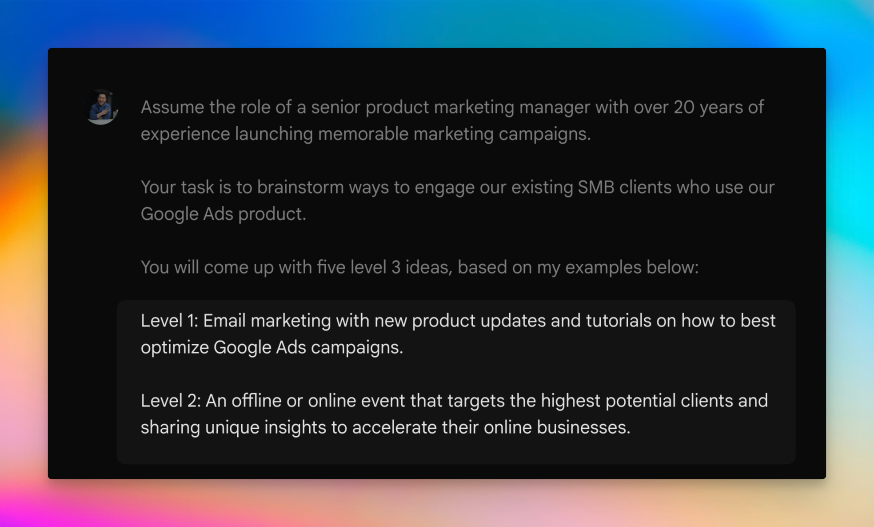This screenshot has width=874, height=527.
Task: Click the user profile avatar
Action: [x=101, y=107]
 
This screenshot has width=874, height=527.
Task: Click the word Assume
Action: [x=172, y=107]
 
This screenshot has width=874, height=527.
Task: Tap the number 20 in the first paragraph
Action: [x=684, y=107]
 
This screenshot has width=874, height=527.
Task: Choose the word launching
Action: [x=274, y=134]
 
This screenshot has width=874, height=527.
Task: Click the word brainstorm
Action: [x=300, y=187]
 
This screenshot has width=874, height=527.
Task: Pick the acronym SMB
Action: [x=596, y=187]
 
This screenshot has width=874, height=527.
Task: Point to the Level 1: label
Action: [x=169, y=321]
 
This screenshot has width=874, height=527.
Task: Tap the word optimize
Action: [x=175, y=347]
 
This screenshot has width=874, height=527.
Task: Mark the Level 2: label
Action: [x=171, y=401]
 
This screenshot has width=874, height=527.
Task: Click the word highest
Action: [x=571, y=401]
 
